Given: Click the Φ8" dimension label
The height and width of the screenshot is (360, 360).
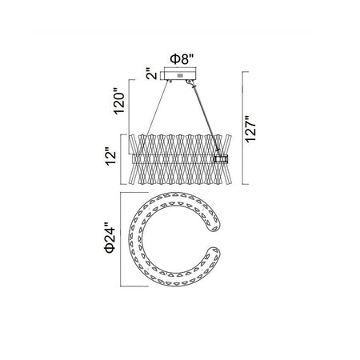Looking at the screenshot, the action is [182, 59].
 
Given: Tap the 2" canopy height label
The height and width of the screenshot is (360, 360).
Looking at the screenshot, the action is [152, 74].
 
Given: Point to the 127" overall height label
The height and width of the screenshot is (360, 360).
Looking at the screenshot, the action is [250, 129].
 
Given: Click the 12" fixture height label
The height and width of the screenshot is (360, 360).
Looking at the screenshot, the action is [110, 158].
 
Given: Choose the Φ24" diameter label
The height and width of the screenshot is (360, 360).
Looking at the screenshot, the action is [110, 239].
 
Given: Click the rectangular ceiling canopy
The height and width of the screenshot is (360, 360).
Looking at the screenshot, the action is [180, 74].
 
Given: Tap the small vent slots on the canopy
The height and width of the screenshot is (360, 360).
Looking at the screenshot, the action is [180, 76].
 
